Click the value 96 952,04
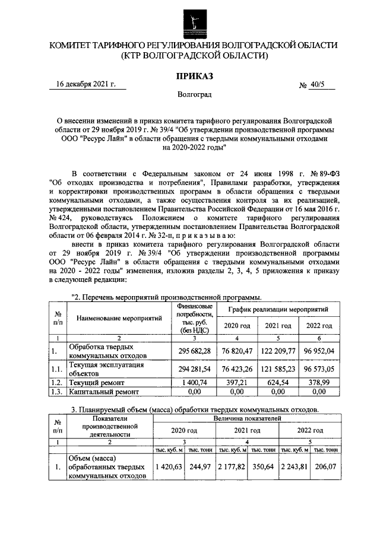(319, 350)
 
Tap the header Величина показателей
(246, 418)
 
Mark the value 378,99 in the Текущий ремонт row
(319, 383)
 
